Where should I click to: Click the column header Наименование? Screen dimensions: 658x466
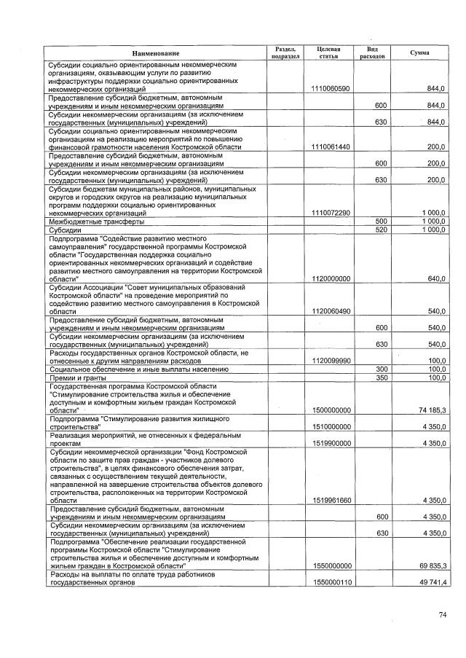click(156, 54)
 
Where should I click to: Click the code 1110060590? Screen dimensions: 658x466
click(331, 88)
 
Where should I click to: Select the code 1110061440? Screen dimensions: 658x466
click(331, 146)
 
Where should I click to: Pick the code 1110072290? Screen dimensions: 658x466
click(331, 213)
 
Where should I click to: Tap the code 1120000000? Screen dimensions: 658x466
click(331, 278)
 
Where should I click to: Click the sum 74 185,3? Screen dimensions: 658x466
click(433, 410)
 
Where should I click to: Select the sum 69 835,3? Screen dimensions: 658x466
click(433, 565)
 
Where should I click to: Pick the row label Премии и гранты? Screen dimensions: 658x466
click(73, 377)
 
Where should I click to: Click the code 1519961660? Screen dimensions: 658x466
click(331, 501)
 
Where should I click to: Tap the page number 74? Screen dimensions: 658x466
click(442, 615)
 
